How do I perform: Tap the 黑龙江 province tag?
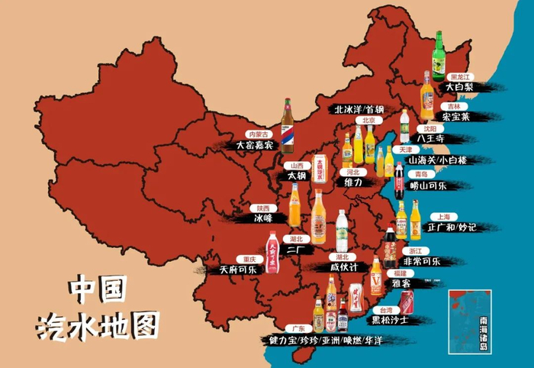(x=459, y=77)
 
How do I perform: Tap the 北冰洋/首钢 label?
(x=359, y=109)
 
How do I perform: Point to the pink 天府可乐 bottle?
(x=272, y=253)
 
